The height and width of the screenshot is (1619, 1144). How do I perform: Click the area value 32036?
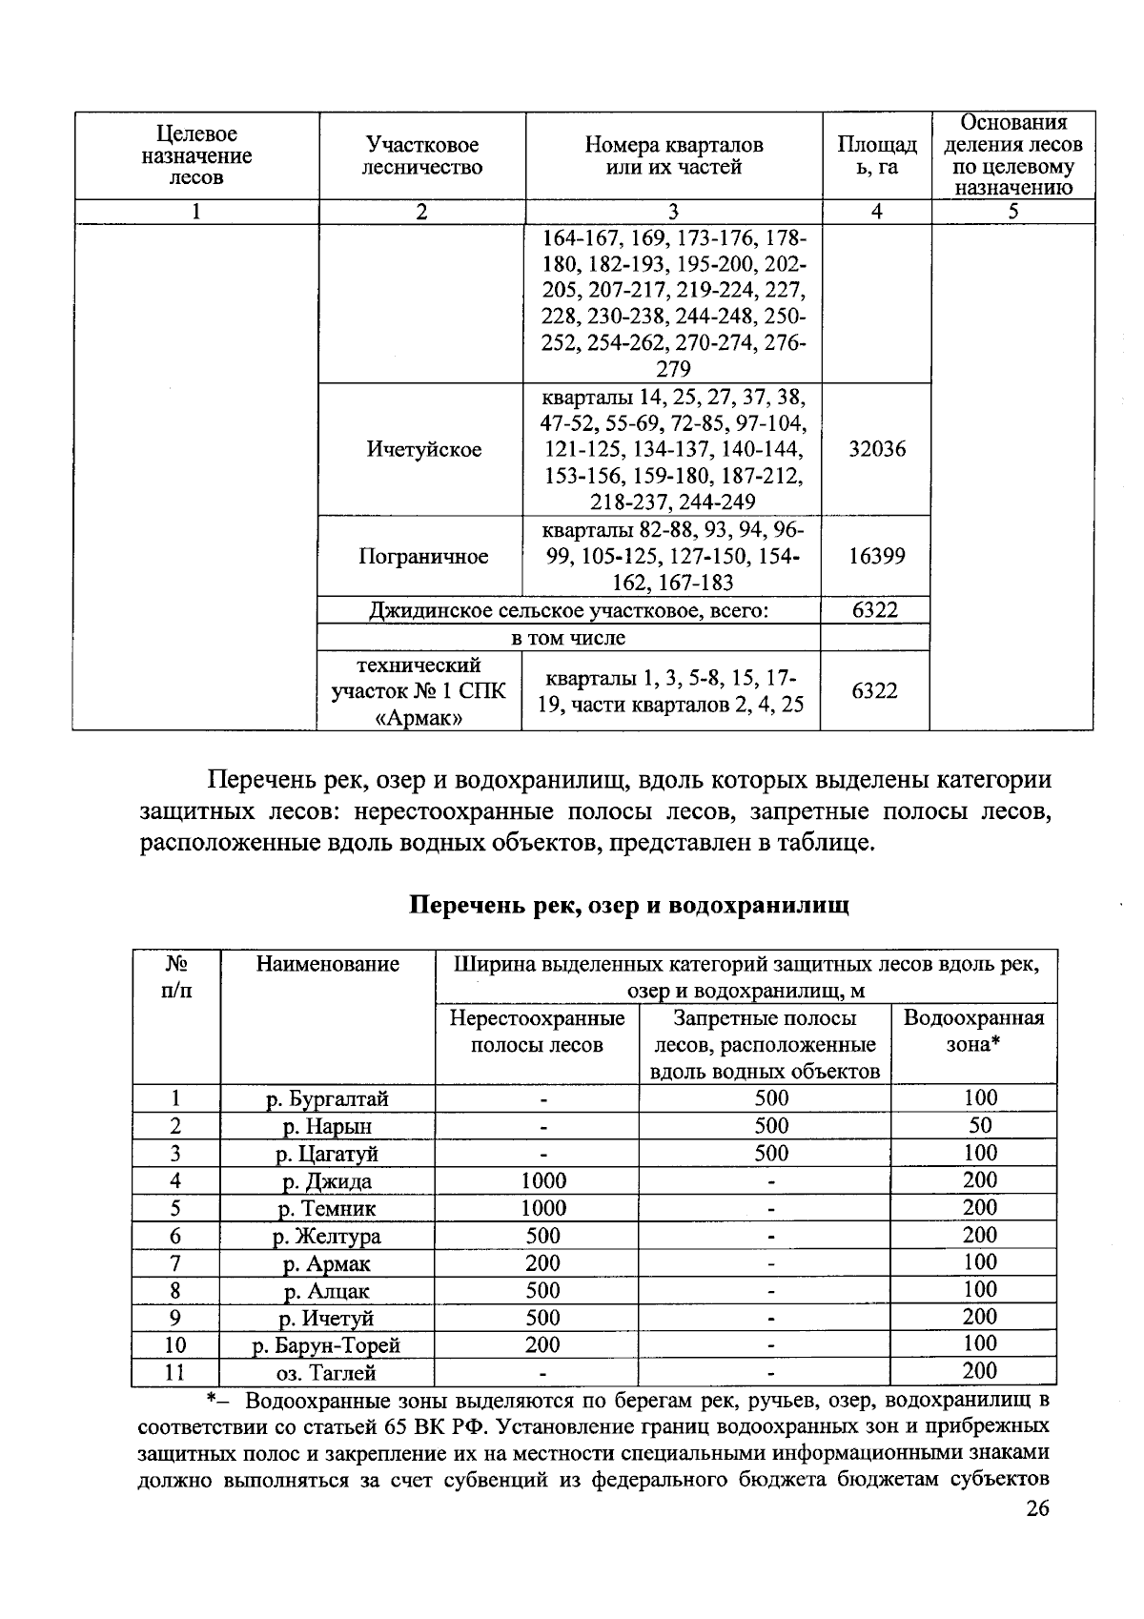point(876,449)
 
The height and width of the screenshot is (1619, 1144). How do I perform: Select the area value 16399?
point(876,556)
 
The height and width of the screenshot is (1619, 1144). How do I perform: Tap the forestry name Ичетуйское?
point(423,449)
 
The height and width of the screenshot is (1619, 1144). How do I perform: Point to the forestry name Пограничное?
point(423,556)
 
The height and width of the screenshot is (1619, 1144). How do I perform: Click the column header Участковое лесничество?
point(423,156)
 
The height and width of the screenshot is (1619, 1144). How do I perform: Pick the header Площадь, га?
point(876,156)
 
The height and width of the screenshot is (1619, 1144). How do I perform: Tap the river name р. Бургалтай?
point(327,1098)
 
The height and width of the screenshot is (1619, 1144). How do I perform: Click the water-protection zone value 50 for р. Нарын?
point(980,1125)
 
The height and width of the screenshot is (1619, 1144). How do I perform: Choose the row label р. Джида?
point(327,1181)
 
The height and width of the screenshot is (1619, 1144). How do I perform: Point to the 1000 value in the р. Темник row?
point(543,1208)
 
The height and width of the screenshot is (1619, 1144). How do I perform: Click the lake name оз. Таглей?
point(327,1373)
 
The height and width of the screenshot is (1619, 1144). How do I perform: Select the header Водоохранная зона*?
point(972,1030)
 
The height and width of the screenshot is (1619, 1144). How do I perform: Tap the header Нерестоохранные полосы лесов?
point(538,1031)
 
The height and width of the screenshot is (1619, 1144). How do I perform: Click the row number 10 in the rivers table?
point(175,1345)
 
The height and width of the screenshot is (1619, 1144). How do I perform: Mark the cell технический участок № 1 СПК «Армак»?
point(419,690)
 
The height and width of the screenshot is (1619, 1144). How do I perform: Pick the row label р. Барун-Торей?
point(327,1345)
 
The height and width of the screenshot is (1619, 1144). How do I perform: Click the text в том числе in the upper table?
point(569,638)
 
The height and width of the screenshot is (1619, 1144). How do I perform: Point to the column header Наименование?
point(327,964)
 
